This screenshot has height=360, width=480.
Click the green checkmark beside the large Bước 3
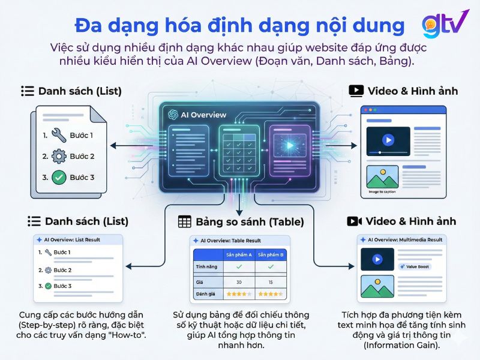point(59,177)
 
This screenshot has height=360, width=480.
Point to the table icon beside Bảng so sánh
point(185,222)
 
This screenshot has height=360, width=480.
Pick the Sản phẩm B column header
point(270,254)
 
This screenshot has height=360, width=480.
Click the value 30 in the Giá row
point(239,281)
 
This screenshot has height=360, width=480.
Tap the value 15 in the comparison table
point(270,281)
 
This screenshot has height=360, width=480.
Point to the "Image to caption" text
point(383,193)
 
